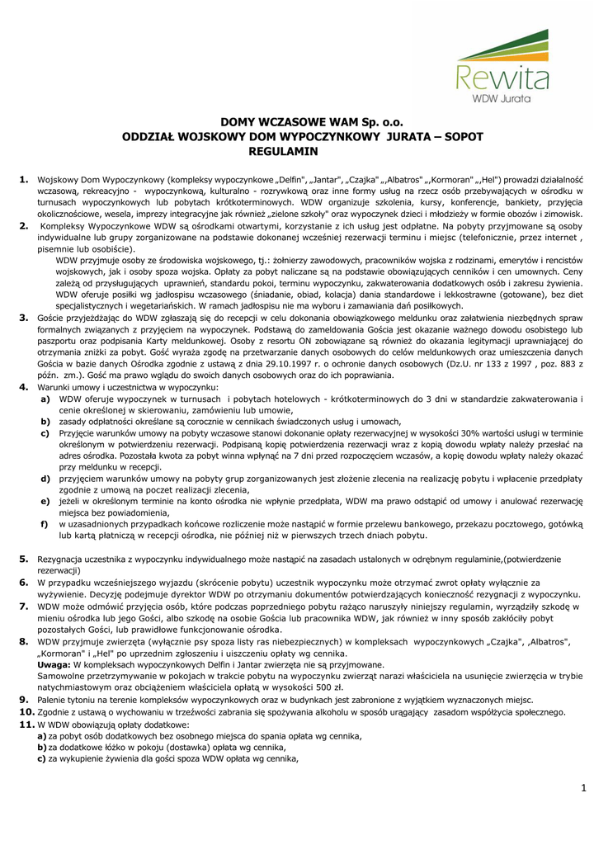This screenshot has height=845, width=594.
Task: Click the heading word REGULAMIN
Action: [x=283, y=152]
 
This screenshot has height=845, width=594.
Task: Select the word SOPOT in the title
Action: [x=465, y=137]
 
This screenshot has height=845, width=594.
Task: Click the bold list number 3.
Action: [x=24, y=317]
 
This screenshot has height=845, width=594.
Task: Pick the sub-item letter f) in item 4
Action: [x=45, y=524]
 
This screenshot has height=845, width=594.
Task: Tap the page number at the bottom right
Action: [x=582, y=789]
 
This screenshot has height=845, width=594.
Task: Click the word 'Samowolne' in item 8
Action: [x=65, y=674]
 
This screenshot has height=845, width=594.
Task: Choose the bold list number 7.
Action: [x=24, y=606]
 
